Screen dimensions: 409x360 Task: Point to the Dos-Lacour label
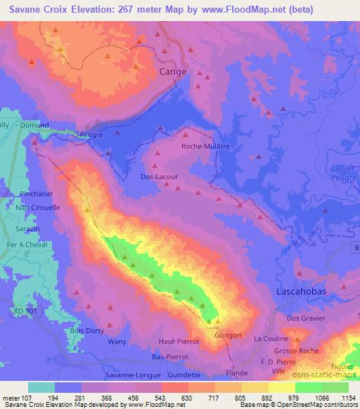click(x=160, y=178)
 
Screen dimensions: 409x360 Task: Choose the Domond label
click(x=34, y=126)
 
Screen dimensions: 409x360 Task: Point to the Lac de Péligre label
click(x=345, y=173)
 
